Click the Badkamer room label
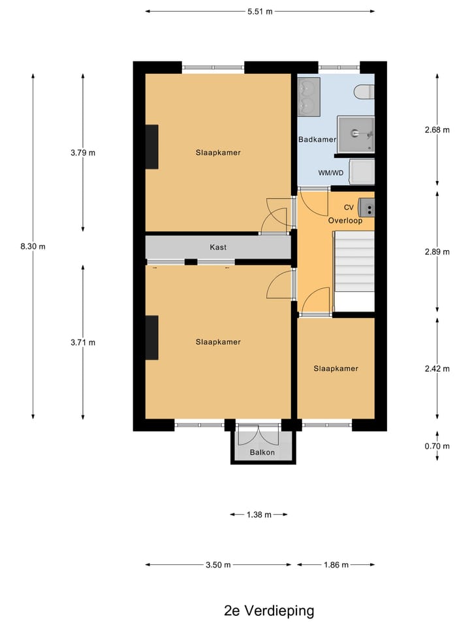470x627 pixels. (317, 140)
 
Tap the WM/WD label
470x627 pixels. (330, 173)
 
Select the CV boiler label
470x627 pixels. (349, 208)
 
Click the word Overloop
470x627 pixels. (345, 221)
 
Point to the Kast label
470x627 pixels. (218, 248)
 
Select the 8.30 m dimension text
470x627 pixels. (33, 246)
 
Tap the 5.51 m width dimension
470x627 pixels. (260, 11)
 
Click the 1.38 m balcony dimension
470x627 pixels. (259, 515)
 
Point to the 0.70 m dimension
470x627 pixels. (437, 447)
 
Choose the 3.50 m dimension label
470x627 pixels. (217, 565)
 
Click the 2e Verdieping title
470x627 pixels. (268, 611)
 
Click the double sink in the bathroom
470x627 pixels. (309, 96)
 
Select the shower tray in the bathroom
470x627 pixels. (356, 135)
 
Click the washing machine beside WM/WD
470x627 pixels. (362, 171)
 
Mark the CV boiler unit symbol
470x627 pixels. (367, 208)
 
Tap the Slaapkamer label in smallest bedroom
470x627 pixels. (336, 368)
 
